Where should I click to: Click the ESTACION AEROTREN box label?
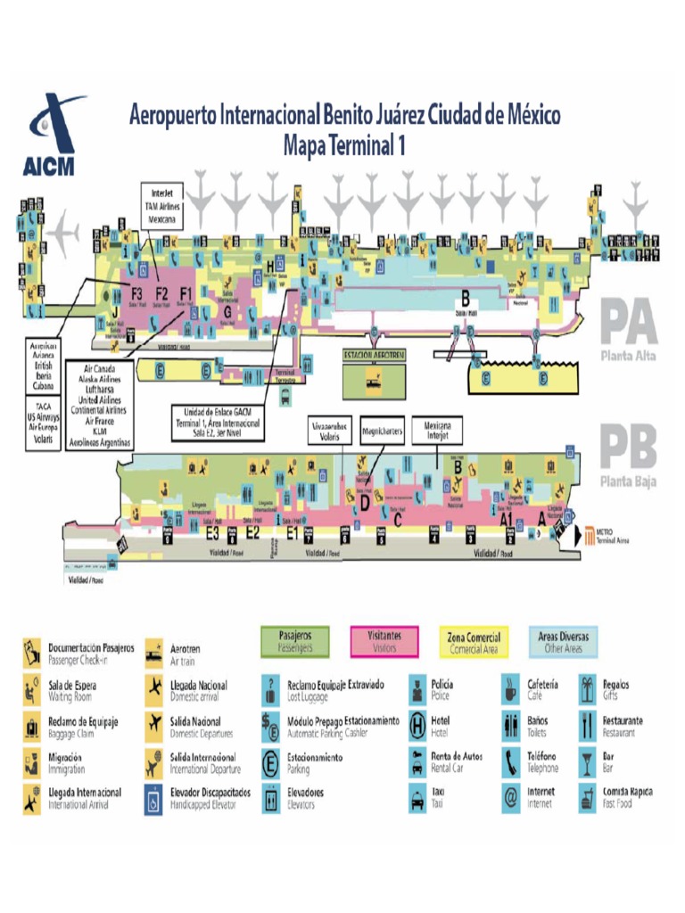coord(375,355)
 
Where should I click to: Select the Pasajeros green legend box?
coord(294,641)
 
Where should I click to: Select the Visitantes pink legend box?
coord(385,641)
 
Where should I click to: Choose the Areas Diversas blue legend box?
coord(563,641)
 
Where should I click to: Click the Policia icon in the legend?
coord(417,688)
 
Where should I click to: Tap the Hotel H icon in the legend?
coord(417,724)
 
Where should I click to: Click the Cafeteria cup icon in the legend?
coord(511,688)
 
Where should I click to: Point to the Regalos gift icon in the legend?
coord(587,688)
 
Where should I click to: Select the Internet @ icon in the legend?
coord(511,796)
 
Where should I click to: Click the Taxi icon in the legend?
coord(417,796)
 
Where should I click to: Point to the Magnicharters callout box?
coord(384,432)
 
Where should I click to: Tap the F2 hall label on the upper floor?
coord(161,293)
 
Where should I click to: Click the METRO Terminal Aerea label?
coord(610,536)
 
